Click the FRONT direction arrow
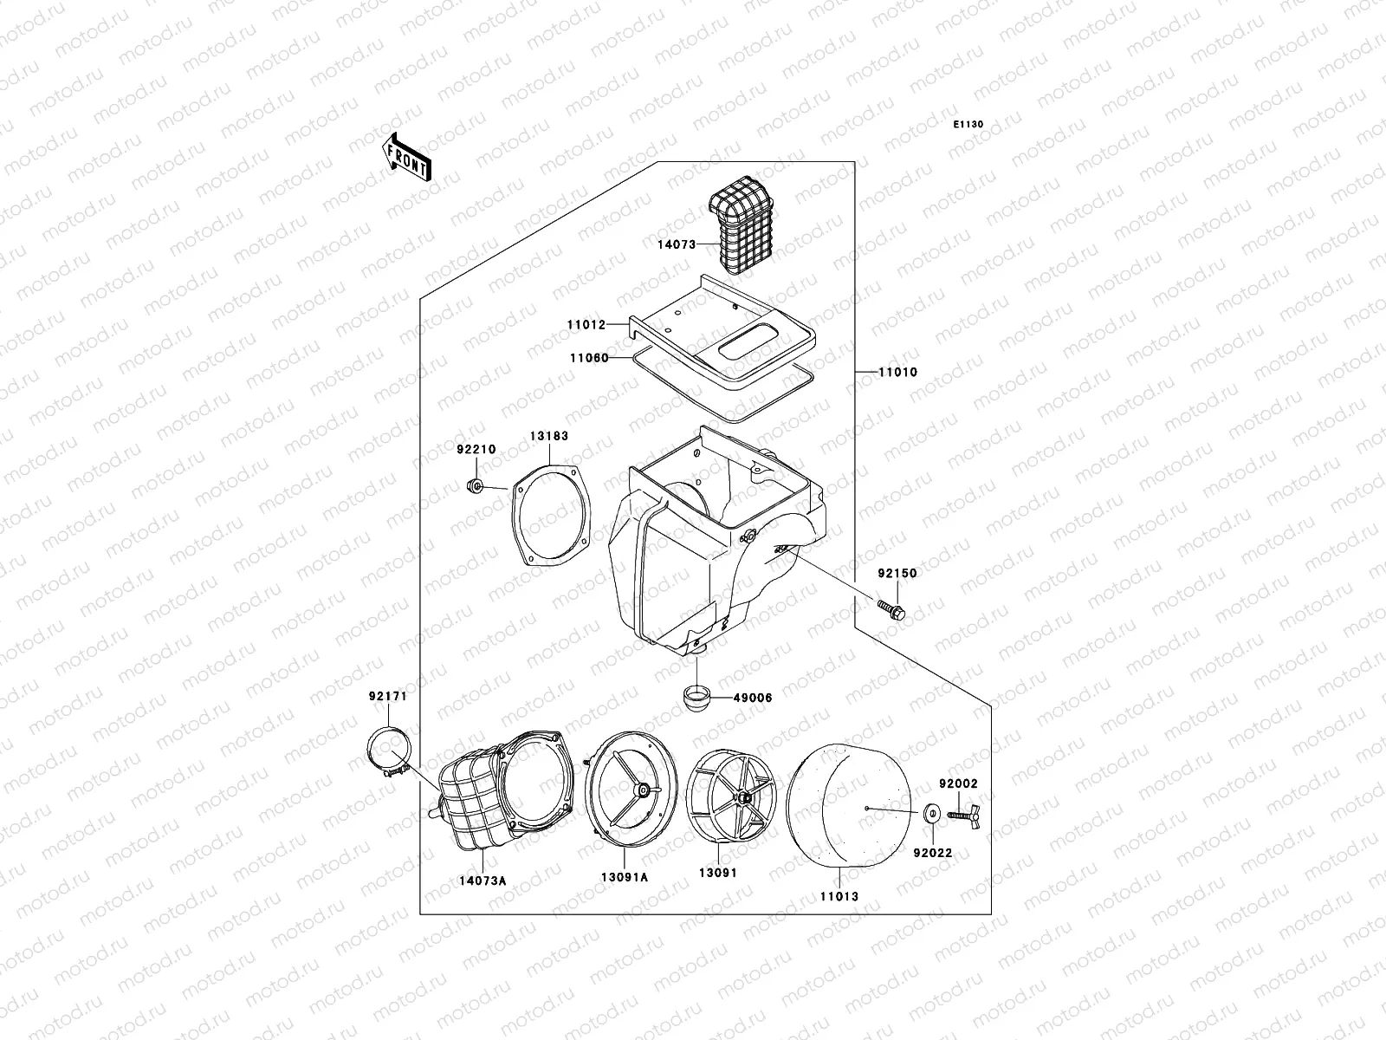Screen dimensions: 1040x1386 pyautogui.click(x=407, y=157)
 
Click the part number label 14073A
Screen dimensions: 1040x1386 pyautogui.click(x=483, y=881)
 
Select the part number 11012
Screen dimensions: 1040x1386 pyautogui.click(x=586, y=324)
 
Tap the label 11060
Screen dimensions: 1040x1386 pyautogui.click(x=588, y=358)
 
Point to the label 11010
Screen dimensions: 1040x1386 pyautogui.click(x=897, y=372)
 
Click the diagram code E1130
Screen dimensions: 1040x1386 pyautogui.click(x=968, y=125)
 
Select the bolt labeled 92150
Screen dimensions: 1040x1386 pyautogui.click(x=891, y=609)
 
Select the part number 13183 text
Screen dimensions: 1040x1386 pyautogui.click(x=549, y=436)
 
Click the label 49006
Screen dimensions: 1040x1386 pyautogui.click(x=752, y=697)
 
